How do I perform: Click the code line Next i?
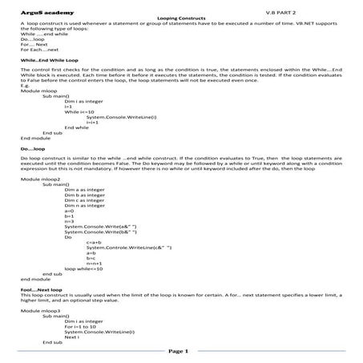tap(73, 336)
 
